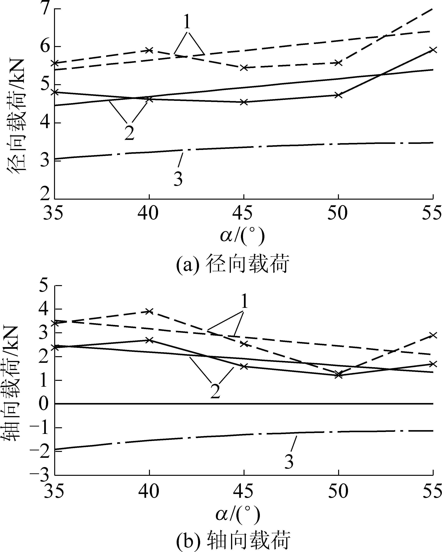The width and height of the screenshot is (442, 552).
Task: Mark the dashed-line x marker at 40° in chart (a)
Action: pos(149,50)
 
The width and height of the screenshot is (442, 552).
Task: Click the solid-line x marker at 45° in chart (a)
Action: pos(244,102)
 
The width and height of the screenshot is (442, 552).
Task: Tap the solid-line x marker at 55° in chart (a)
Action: pos(433,50)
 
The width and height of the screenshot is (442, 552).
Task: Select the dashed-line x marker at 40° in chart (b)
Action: pos(149,311)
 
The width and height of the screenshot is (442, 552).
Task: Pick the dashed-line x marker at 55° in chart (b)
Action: pos(433,335)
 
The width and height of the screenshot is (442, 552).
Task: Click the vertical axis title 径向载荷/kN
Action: pos(17,117)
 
